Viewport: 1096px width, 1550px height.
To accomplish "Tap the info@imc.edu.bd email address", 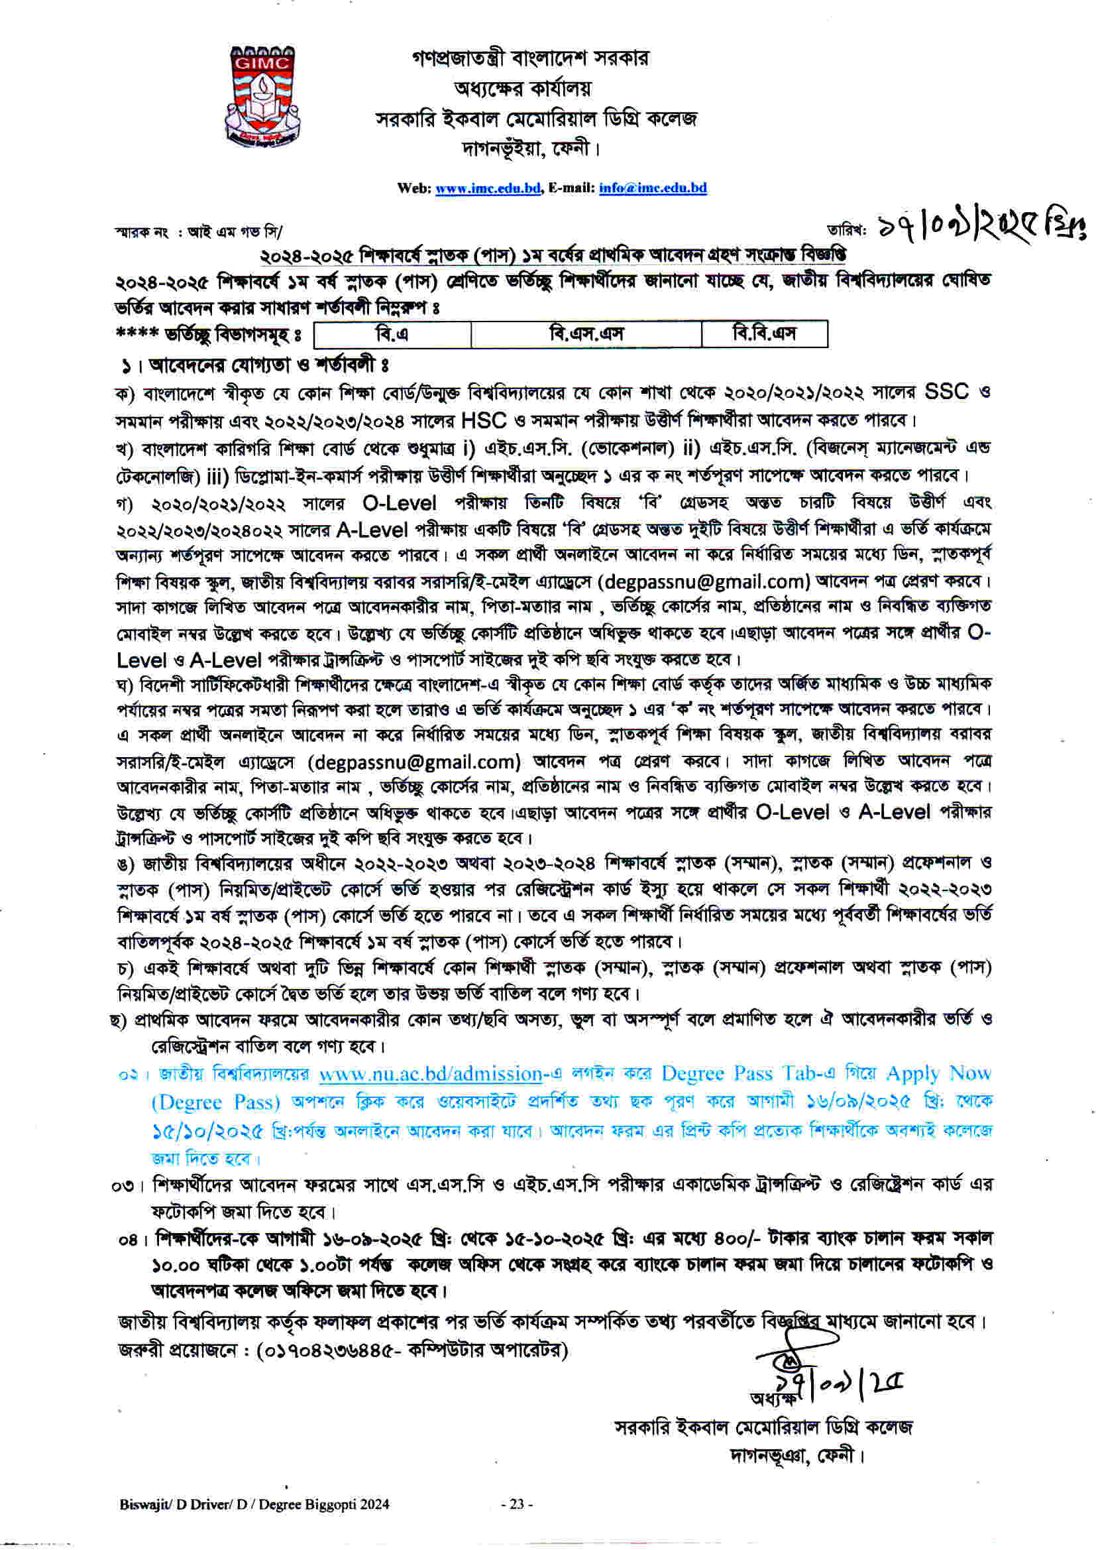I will [652, 188].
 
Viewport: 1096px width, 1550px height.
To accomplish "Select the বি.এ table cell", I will [392, 334].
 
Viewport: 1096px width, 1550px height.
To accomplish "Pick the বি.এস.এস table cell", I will [586, 334].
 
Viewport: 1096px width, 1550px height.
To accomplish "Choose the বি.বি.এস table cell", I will [764, 333].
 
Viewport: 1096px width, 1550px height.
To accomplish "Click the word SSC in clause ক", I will [946, 392].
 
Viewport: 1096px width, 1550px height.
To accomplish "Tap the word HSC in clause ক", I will [483, 420].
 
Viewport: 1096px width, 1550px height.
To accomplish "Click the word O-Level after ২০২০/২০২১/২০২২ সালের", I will [400, 503].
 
